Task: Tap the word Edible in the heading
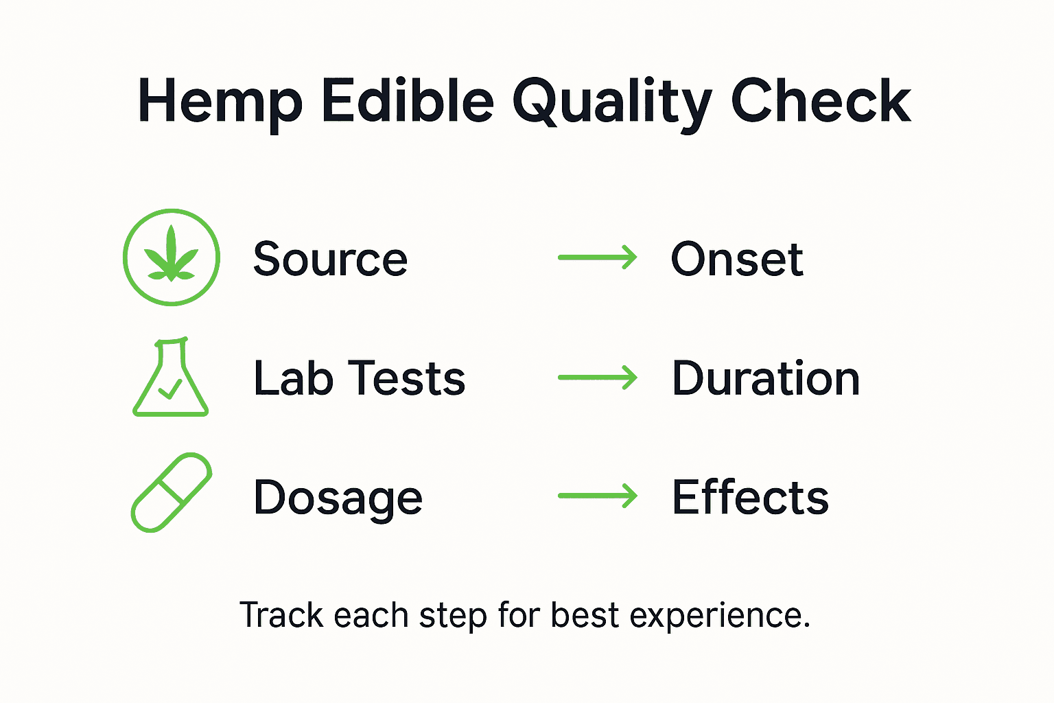pyautogui.click(x=408, y=102)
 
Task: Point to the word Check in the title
pyautogui.click(x=821, y=102)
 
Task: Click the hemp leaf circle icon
pyautogui.click(x=172, y=257)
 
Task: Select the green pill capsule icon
pyautogui.click(x=171, y=492)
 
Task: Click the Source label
pyautogui.click(x=330, y=260)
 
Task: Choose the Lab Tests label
pyautogui.click(x=359, y=378)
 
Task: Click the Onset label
pyautogui.click(x=736, y=260)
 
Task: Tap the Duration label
pyautogui.click(x=765, y=378)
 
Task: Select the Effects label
pyautogui.click(x=750, y=497)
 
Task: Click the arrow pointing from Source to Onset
pyautogui.click(x=598, y=258)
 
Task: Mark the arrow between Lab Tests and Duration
pyautogui.click(x=598, y=378)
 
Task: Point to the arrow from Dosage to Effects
pyautogui.click(x=598, y=496)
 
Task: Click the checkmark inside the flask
pyautogui.click(x=169, y=389)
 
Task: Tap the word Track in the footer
pyautogui.click(x=281, y=615)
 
